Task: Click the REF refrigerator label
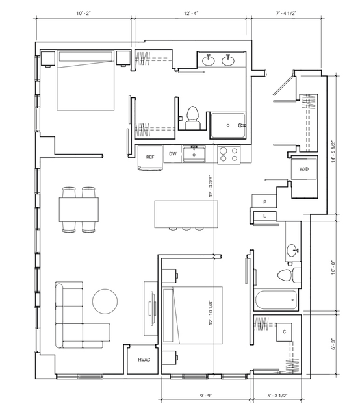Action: tap(150, 157)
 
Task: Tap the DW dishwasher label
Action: tap(173, 154)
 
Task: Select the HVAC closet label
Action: tap(144, 360)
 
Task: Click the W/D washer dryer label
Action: tap(304, 169)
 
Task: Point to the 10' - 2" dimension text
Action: tap(83, 13)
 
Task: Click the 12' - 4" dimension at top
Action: tap(191, 13)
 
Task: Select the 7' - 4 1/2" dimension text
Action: tap(286, 13)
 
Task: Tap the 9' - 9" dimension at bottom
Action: tap(206, 396)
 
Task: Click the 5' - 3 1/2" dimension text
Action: tap(277, 396)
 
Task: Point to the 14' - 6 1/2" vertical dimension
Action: tap(333, 152)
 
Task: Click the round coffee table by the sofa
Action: tap(105, 301)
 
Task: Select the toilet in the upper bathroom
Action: tap(192, 118)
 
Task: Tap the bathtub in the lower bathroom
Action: tap(276, 300)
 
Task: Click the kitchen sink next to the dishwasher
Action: tap(194, 154)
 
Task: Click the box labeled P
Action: tap(264, 202)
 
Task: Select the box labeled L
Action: tap(264, 216)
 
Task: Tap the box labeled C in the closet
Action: tap(285, 332)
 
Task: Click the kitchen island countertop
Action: tap(186, 214)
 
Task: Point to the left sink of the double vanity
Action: tap(209, 60)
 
